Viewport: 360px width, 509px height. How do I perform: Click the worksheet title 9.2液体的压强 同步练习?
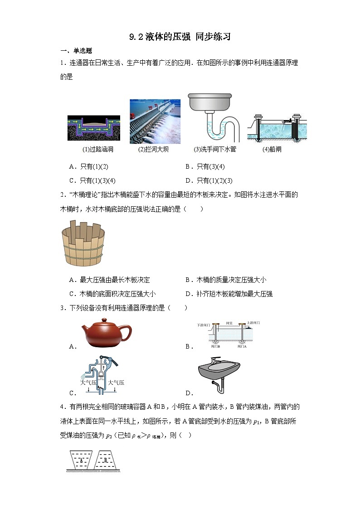[x=180, y=37]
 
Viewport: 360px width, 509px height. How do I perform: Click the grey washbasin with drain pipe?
[x=219, y=374]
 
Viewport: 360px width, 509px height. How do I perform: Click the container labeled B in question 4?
[x=107, y=460]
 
